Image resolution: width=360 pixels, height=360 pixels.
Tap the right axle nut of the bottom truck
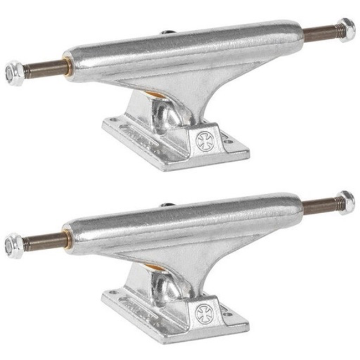(346, 202)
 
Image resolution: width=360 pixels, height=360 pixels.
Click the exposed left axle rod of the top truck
(43, 70)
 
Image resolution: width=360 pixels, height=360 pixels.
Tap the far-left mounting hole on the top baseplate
(114, 119)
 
